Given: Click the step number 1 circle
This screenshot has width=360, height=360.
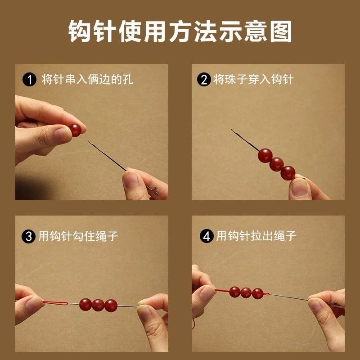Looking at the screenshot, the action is click(29, 80).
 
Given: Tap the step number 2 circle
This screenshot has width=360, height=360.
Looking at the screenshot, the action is click(204, 80).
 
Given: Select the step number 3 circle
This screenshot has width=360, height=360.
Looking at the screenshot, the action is click(28, 236).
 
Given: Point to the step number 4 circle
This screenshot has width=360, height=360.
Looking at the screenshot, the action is click(207, 236).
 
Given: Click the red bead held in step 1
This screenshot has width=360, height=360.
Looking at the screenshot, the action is click(75, 130).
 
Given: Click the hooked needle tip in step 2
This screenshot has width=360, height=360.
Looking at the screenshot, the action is click(232, 130).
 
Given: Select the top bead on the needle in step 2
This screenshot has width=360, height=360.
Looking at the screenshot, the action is click(265, 156).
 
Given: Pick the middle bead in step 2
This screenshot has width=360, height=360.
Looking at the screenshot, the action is click(276, 164).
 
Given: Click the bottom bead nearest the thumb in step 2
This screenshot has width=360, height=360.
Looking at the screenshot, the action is click(288, 173).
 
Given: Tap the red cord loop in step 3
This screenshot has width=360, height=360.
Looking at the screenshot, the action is click(55, 303).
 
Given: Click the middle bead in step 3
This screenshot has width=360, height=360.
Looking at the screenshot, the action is click(98, 306).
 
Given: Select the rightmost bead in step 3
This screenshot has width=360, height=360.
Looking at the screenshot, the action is click(111, 306).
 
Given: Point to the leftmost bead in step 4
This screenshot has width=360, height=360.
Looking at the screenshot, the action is click(234, 292).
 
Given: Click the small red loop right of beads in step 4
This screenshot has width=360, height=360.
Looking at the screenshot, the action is click(266, 294).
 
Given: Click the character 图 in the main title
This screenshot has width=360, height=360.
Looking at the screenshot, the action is click(280, 31).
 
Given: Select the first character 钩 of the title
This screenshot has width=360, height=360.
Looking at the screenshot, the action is click(80, 31).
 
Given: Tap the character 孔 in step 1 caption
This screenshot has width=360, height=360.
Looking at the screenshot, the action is click(128, 80).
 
